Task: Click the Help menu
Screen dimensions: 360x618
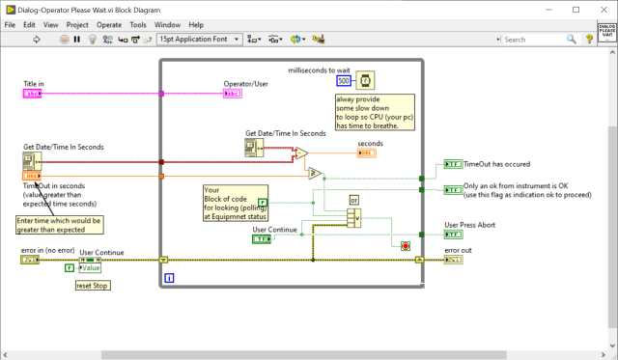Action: pyautogui.click(x=196, y=23)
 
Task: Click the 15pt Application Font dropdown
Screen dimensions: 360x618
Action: pyautogui.click(x=198, y=40)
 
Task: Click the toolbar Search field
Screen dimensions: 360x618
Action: pyautogui.click(x=537, y=40)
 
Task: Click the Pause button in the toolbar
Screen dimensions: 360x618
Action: pyautogui.click(x=76, y=40)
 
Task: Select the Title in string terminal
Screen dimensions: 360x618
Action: pyautogui.click(x=32, y=94)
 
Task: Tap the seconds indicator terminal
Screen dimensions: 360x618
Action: pyautogui.click(x=367, y=152)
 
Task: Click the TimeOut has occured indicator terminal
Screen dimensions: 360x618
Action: pyautogui.click(x=453, y=164)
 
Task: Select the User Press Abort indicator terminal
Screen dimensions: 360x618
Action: pyautogui.click(x=453, y=235)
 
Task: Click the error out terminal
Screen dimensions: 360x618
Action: pyautogui.click(x=453, y=260)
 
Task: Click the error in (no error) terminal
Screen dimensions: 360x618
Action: pyautogui.click(x=32, y=260)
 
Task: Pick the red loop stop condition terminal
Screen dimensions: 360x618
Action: pyautogui.click(x=405, y=245)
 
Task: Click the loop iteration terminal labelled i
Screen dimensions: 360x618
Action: pyautogui.click(x=169, y=278)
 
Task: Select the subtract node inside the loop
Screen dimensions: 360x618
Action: pyautogui.click(x=301, y=153)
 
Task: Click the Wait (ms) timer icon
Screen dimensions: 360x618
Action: pyautogui.click(x=367, y=80)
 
